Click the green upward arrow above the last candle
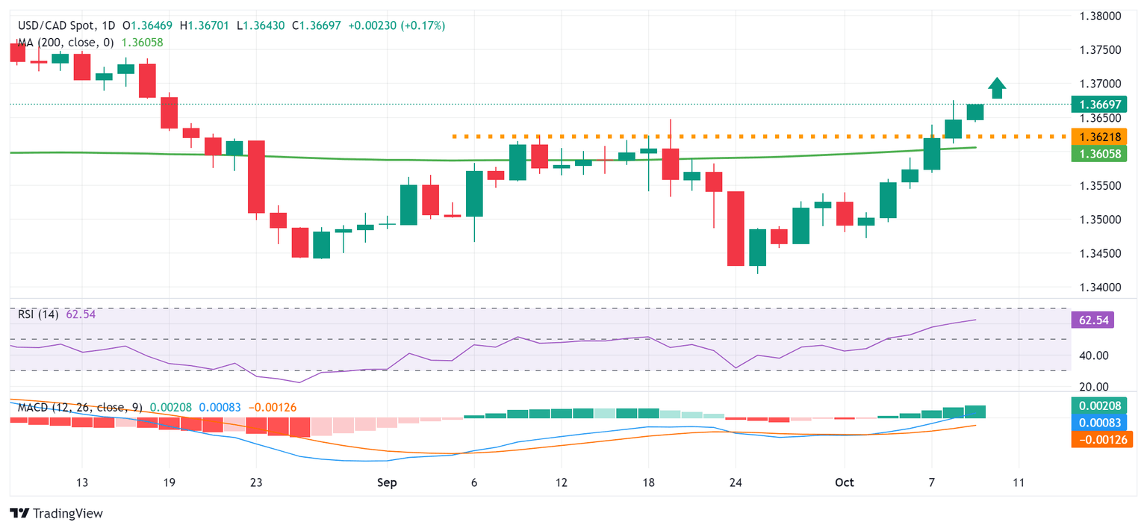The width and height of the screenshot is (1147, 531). (996, 88)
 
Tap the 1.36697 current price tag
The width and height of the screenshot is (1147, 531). (1101, 104)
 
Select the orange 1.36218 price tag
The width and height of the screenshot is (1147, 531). (1101, 137)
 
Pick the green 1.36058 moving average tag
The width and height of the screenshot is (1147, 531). (1101, 153)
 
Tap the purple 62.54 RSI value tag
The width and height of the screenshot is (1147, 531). (1092, 320)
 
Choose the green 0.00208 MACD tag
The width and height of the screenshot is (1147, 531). (1101, 406)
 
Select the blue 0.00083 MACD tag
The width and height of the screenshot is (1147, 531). (1101, 422)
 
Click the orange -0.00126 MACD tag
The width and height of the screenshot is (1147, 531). (1101, 439)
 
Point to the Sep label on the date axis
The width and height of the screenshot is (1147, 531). (386, 482)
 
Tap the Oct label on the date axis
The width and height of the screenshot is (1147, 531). (844, 482)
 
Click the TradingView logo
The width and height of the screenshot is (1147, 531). (56, 514)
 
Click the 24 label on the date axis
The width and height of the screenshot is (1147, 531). (736, 482)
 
